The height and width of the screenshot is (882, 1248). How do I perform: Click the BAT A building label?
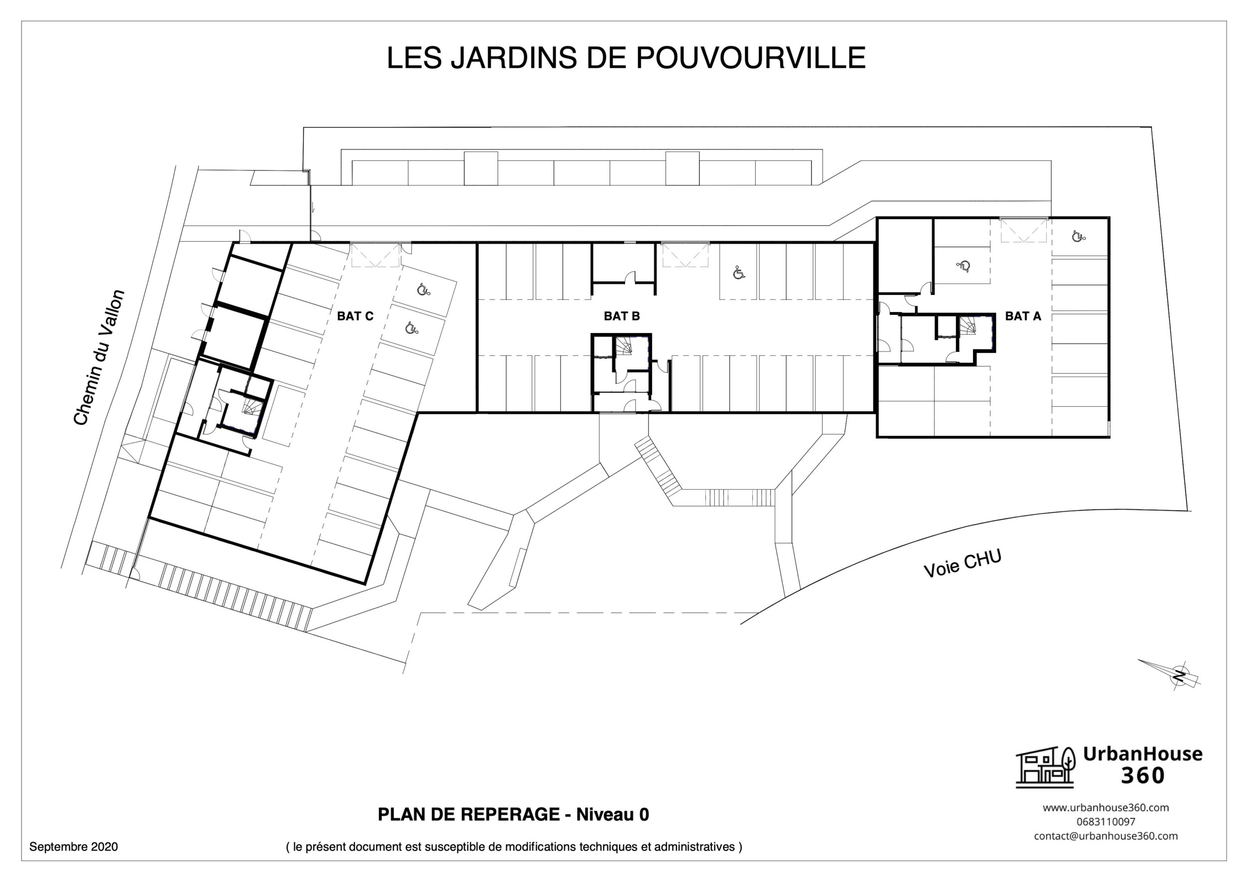coord(1022,316)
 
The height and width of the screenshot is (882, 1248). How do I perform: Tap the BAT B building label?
coord(622,316)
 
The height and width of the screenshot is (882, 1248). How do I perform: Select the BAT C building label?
coord(355,316)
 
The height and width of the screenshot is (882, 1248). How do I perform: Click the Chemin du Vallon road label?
coord(99,357)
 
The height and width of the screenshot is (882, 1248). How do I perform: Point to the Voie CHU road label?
coord(962,564)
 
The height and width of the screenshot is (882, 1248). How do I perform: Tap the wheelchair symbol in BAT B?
coord(738,273)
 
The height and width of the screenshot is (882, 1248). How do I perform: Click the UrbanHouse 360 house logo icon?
coord(1045,767)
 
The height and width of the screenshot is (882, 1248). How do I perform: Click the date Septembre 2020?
coord(73,846)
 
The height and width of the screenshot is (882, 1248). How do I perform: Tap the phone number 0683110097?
coord(1106,822)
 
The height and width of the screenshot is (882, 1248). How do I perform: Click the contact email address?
coord(1106,836)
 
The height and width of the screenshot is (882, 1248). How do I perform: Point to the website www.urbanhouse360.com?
coord(1106,808)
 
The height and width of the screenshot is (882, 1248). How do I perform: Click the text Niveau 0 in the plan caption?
coord(612,815)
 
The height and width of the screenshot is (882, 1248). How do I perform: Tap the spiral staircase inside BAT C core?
coord(252,406)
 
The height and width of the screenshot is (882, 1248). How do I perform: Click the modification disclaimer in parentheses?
coord(514,847)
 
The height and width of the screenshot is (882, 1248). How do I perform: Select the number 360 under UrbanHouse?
coord(1143,776)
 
